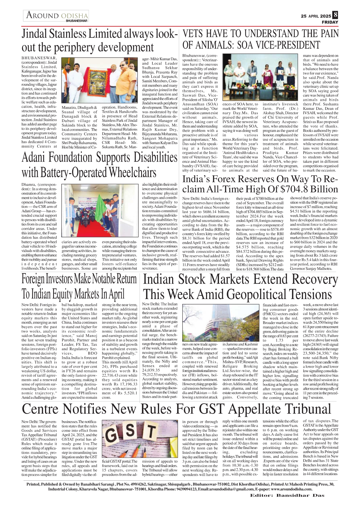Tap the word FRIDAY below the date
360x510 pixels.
330,22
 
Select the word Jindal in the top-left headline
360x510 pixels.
35,34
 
